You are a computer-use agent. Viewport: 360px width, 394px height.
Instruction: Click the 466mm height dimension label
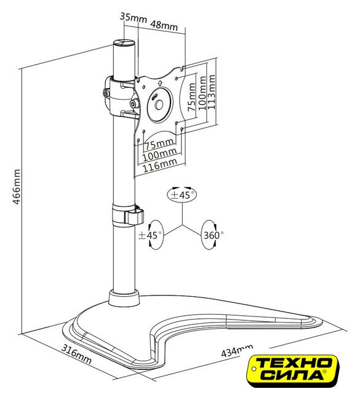point(17,187)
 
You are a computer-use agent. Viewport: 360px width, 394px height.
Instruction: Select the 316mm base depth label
point(76,355)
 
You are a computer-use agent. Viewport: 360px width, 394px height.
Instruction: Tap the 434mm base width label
point(237,350)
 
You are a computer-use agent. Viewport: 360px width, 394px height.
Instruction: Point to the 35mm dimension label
point(133,18)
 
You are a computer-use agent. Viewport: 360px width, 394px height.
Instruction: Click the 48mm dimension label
point(164,25)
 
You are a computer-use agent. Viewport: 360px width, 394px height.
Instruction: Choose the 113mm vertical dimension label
point(210,92)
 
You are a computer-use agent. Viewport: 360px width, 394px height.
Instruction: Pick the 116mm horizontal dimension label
point(160,165)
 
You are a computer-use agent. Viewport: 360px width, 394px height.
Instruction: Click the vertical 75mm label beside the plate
point(191,97)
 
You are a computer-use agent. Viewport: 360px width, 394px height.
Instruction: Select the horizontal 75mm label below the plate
point(160,144)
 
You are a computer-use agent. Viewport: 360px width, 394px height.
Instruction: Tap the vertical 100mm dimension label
point(202,93)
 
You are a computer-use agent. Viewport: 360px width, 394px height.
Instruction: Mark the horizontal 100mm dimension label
point(159,155)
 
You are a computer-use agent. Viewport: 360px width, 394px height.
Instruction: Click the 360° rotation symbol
point(213,235)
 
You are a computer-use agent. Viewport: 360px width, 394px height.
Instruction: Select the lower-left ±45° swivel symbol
point(151,235)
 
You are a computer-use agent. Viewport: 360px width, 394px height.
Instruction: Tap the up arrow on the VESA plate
point(160,82)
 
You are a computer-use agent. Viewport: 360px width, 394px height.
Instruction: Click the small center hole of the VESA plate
point(159,105)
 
